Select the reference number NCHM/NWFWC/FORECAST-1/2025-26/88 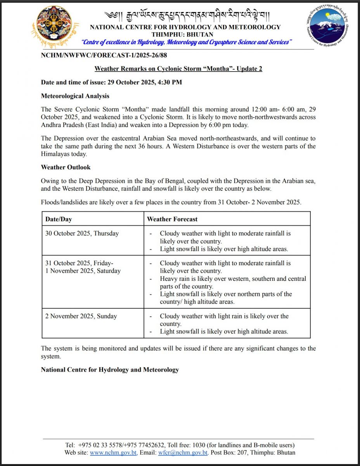(x=104, y=56)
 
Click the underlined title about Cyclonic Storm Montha (x=178, y=69)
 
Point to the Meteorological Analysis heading (x=75, y=96)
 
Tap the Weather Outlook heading (x=66, y=167)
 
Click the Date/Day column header (x=59, y=219)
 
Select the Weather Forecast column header (x=172, y=219)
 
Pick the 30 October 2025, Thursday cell (x=82, y=233)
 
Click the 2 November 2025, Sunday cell (x=81, y=316)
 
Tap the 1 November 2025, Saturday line (x=83, y=271)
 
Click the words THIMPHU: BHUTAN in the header (x=185, y=34)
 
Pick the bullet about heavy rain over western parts (x=233, y=282)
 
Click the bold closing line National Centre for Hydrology (x=110, y=370)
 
